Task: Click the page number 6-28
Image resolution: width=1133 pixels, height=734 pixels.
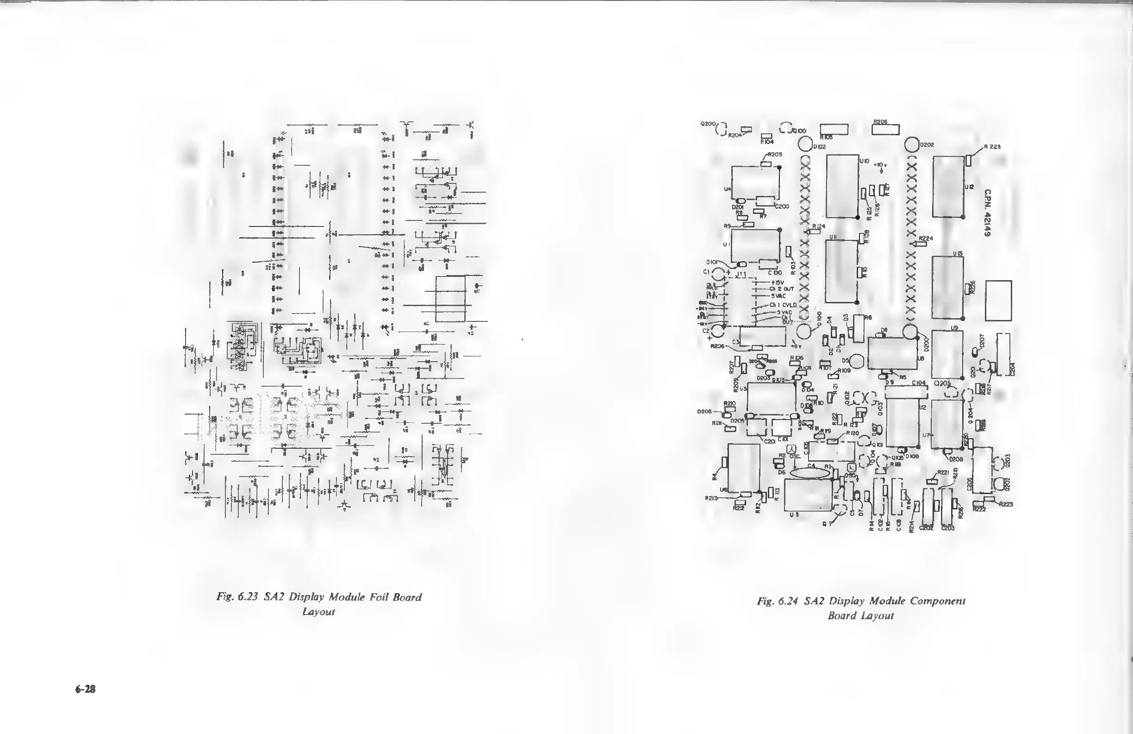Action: coord(86,689)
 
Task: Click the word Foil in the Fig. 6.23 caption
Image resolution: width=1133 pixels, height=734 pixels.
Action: coord(379,597)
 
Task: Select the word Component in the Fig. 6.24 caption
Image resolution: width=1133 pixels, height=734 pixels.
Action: coord(938,601)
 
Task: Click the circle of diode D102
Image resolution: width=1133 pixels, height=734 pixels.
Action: coord(805,144)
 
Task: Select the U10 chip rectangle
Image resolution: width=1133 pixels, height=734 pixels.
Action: coord(842,186)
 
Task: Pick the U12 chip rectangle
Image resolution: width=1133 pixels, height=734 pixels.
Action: coord(948,186)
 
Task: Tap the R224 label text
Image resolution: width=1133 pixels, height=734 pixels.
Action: coord(926,238)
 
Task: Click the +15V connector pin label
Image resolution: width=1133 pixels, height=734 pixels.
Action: coord(777,282)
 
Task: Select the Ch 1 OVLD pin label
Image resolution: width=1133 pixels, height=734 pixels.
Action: coord(784,305)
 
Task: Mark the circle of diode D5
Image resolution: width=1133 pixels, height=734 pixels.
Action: coord(857,361)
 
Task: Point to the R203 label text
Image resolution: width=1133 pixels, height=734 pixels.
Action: coord(774,154)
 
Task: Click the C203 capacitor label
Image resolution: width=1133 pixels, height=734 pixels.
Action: coord(948,528)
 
